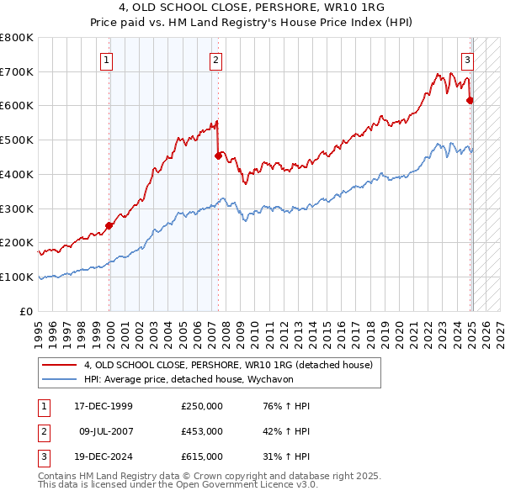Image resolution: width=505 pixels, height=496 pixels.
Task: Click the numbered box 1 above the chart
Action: pos(108,60)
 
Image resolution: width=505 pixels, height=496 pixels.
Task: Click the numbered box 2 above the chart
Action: pos(216,60)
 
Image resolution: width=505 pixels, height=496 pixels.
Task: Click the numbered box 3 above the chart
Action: pos(467,60)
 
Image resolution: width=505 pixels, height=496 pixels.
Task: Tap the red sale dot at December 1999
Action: pos(109,225)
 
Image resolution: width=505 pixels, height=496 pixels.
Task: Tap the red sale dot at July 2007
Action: pos(218,156)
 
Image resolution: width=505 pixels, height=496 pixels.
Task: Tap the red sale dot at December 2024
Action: pos(470,100)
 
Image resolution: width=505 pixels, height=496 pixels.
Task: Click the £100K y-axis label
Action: pos(19,277)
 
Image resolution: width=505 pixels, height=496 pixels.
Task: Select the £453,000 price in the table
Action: pos(202,431)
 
